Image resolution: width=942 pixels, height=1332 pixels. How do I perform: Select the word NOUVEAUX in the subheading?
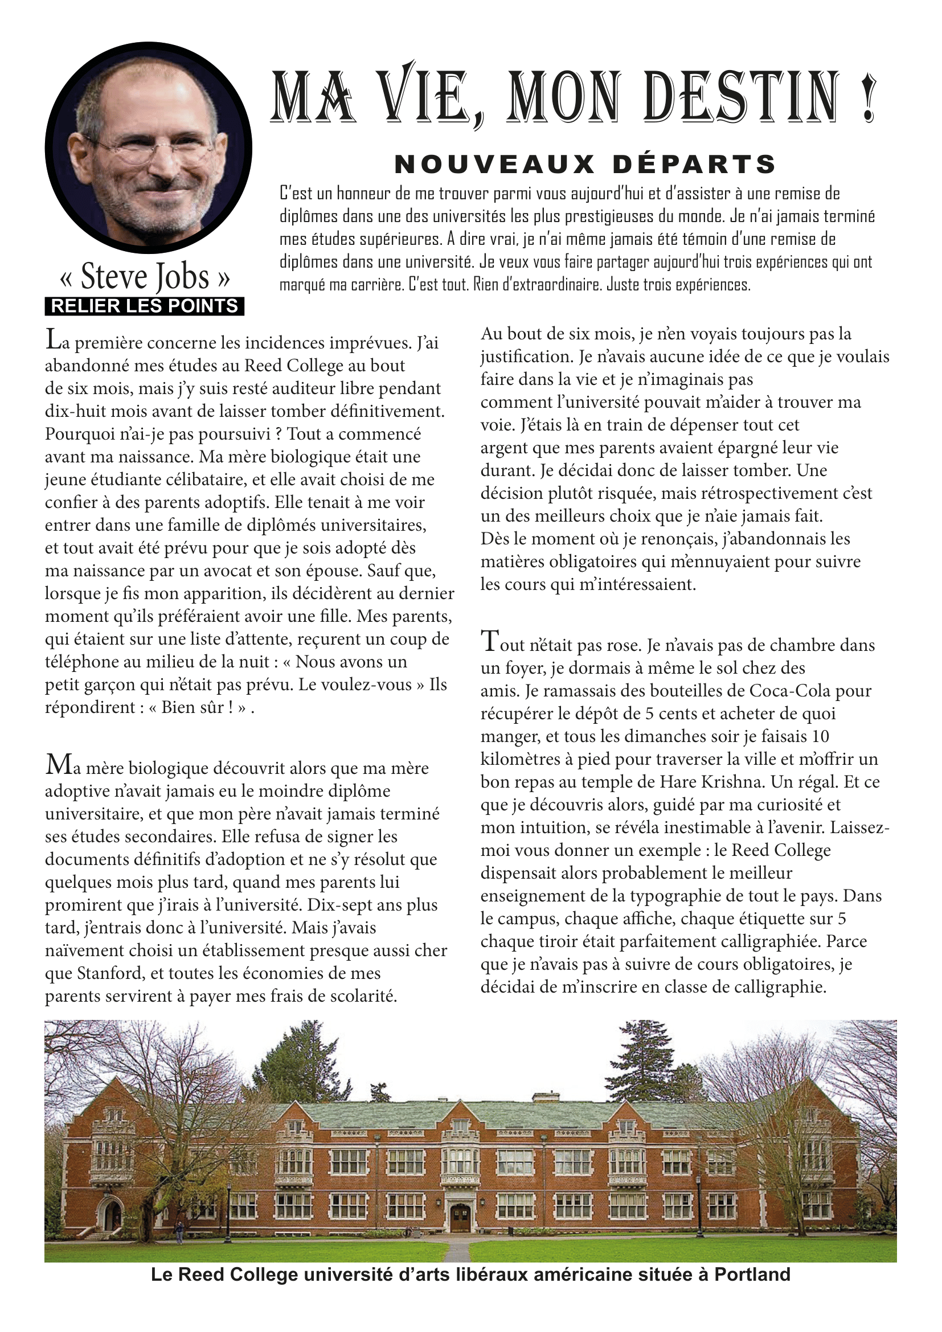pos(495,165)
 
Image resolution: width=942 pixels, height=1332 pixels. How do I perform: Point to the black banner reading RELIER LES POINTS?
pos(145,306)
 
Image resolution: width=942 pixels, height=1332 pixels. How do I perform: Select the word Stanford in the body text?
pos(114,973)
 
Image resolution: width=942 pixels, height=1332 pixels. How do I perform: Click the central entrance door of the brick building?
pos(460,1217)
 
